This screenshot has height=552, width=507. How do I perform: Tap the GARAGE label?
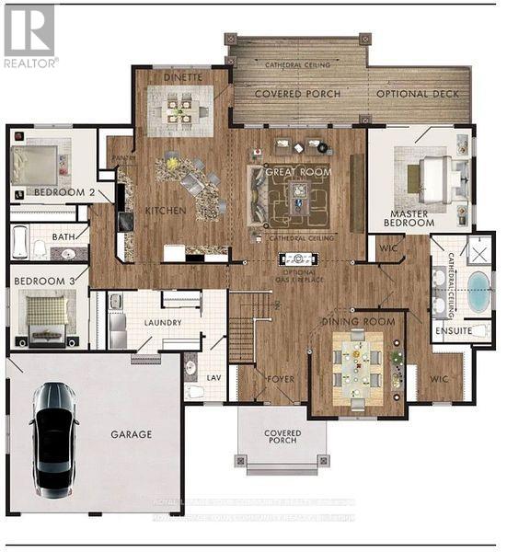[132, 433]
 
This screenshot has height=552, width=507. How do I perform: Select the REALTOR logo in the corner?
[29, 34]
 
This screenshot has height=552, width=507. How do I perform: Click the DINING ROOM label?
[358, 321]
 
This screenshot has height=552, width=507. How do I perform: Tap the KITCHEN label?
[166, 211]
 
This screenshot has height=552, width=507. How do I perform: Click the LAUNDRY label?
[162, 322]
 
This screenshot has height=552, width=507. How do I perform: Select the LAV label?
[211, 376]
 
